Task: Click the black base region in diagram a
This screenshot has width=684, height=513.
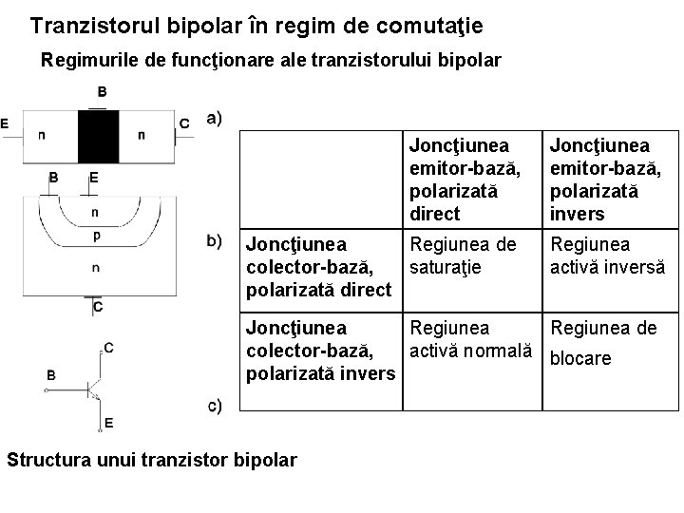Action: (97, 136)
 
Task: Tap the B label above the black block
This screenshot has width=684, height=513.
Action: (102, 92)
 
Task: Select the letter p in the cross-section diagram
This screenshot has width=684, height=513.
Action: (95, 233)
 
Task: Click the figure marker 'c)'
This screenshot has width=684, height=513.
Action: (215, 407)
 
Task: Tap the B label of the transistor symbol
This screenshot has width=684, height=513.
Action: (49, 375)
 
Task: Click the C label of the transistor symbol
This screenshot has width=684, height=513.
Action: (109, 348)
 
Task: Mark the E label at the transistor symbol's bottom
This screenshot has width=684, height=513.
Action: (109, 422)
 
